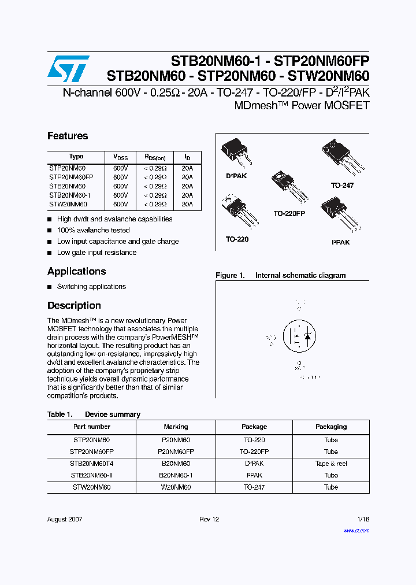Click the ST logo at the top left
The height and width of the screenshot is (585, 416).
pyautogui.click(x=68, y=69)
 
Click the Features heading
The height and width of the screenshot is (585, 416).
pyautogui.click(x=68, y=136)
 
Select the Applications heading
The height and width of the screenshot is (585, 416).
pyautogui.click(x=76, y=271)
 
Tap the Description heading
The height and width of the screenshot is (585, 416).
pyautogui.click(x=74, y=305)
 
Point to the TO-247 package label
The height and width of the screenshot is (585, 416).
pyautogui.click(x=342, y=186)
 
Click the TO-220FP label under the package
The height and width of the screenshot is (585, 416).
pyautogui.click(x=289, y=213)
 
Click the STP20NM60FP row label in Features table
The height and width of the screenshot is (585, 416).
pyautogui.click(x=71, y=177)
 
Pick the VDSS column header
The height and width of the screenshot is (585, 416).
pyautogui.click(x=120, y=157)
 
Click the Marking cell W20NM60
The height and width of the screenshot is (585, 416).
pyautogui.click(x=176, y=487)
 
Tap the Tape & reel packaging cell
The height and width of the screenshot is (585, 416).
pyautogui.click(x=331, y=464)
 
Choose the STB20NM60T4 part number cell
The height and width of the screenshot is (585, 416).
pyautogui.click(x=91, y=464)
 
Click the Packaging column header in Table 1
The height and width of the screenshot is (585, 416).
pyautogui.click(x=331, y=427)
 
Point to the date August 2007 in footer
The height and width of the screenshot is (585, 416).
pyautogui.click(x=65, y=519)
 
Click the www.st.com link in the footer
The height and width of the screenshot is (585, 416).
pyautogui.click(x=355, y=530)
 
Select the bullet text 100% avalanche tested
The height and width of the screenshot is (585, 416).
pyautogui.click(x=93, y=230)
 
